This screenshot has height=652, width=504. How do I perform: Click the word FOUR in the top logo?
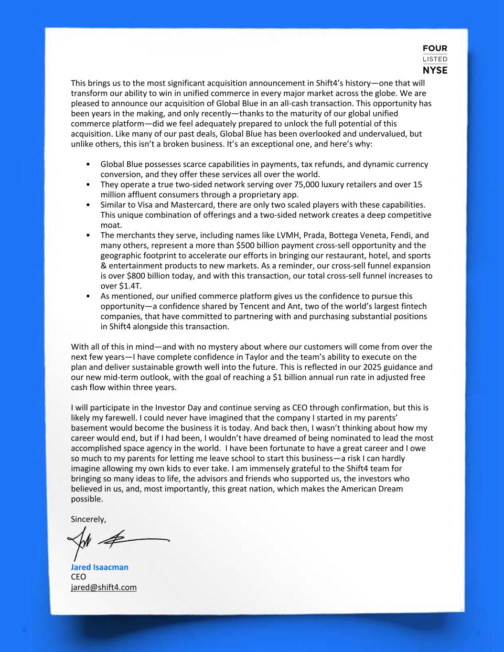coord(435,48)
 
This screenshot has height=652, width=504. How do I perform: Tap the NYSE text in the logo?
coord(435,70)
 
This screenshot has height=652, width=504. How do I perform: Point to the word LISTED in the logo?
coord(435,59)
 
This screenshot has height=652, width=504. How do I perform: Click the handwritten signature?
coord(119,540)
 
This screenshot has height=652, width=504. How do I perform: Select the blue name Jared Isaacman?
coord(99,567)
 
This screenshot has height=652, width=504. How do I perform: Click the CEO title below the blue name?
coord(78,577)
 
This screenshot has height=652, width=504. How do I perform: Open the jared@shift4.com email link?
coord(104,587)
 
